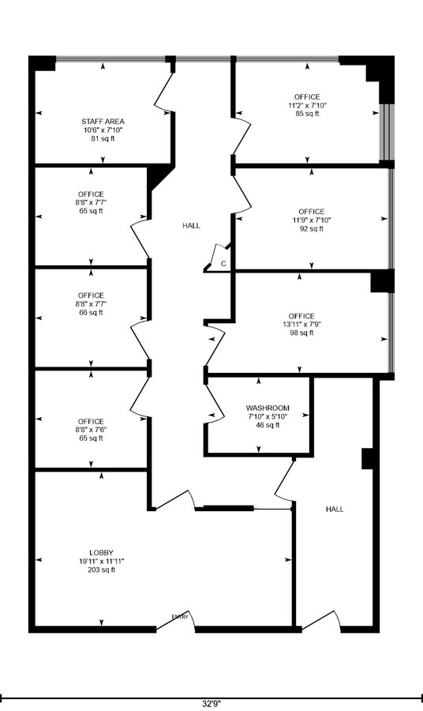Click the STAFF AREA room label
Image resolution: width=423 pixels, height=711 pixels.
(x=103, y=121)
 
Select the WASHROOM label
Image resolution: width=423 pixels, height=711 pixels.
(x=268, y=408)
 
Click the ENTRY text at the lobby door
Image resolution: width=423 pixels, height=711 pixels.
(x=180, y=617)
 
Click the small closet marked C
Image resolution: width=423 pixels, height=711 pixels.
(x=223, y=263)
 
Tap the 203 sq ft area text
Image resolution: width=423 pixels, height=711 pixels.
(x=102, y=570)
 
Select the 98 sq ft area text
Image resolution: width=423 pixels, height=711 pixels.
(x=301, y=333)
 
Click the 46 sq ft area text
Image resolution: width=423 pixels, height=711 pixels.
(x=268, y=425)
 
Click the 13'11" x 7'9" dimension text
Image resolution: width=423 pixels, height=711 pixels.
(x=301, y=325)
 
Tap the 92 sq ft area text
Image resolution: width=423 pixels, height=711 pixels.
(x=311, y=229)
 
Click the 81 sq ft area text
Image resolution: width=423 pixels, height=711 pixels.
(x=103, y=138)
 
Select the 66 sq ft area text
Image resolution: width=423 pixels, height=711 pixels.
(x=91, y=312)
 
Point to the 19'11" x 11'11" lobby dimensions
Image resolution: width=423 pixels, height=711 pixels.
(x=102, y=561)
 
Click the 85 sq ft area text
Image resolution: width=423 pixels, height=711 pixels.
(x=307, y=114)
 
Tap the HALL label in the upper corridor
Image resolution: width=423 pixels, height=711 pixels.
(x=191, y=226)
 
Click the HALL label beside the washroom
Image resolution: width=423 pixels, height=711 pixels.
(x=335, y=510)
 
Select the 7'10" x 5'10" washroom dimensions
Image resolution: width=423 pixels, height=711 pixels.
(x=268, y=416)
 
